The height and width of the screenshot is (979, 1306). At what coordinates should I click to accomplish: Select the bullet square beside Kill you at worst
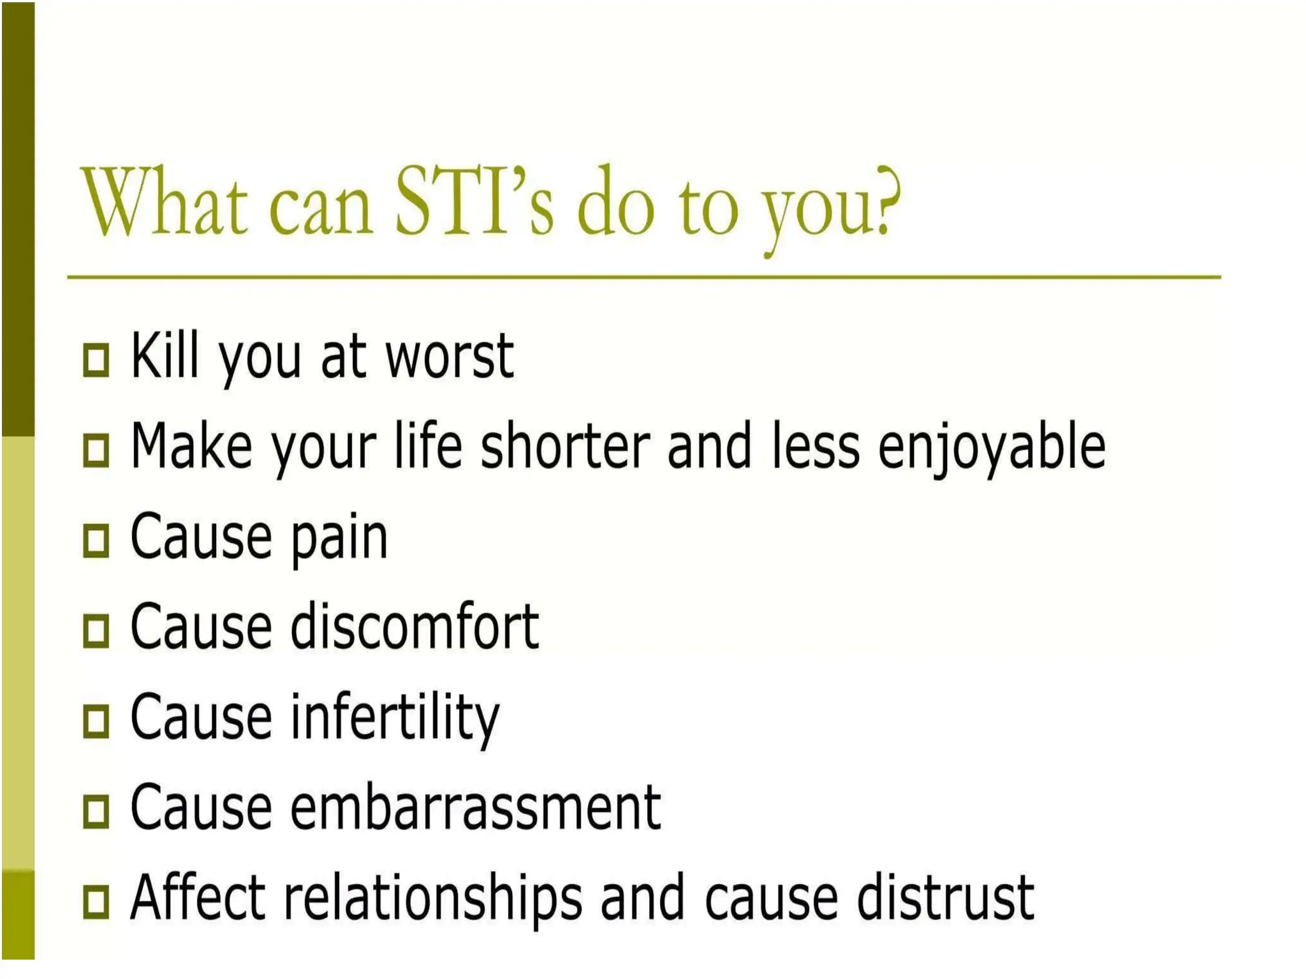click(96, 359)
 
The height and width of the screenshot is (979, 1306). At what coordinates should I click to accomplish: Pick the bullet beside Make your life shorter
click(96, 450)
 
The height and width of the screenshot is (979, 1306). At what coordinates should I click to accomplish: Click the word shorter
click(564, 446)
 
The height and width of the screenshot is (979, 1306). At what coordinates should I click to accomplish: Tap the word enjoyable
click(991, 449)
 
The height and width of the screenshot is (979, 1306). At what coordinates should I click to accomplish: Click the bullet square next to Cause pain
click(96, 540)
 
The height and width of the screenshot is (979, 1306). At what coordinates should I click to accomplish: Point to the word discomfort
click(415, 627)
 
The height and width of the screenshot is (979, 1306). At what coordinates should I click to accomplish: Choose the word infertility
click(395, 719)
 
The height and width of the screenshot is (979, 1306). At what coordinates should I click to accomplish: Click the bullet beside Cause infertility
click(96, 720)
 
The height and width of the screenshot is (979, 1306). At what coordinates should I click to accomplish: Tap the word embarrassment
click(475, 808)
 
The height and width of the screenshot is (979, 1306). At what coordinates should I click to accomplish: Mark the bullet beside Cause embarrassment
click(96, 811)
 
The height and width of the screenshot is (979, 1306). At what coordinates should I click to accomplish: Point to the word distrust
click(944, 899)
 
